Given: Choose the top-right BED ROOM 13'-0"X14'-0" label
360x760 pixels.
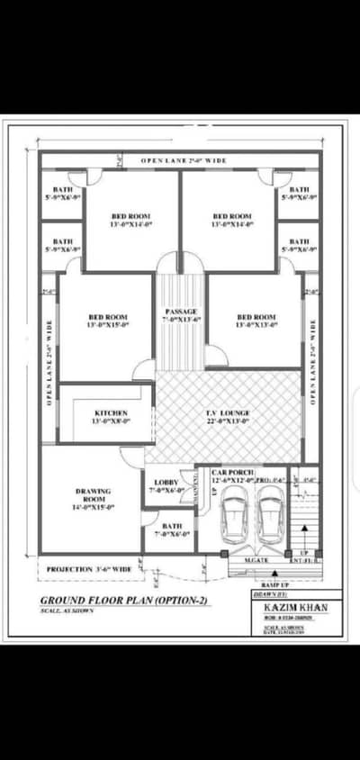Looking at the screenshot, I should point(231,221).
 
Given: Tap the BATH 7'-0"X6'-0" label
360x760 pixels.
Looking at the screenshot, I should point(170,530).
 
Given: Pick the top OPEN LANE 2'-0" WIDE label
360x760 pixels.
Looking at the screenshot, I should point(183,160).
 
